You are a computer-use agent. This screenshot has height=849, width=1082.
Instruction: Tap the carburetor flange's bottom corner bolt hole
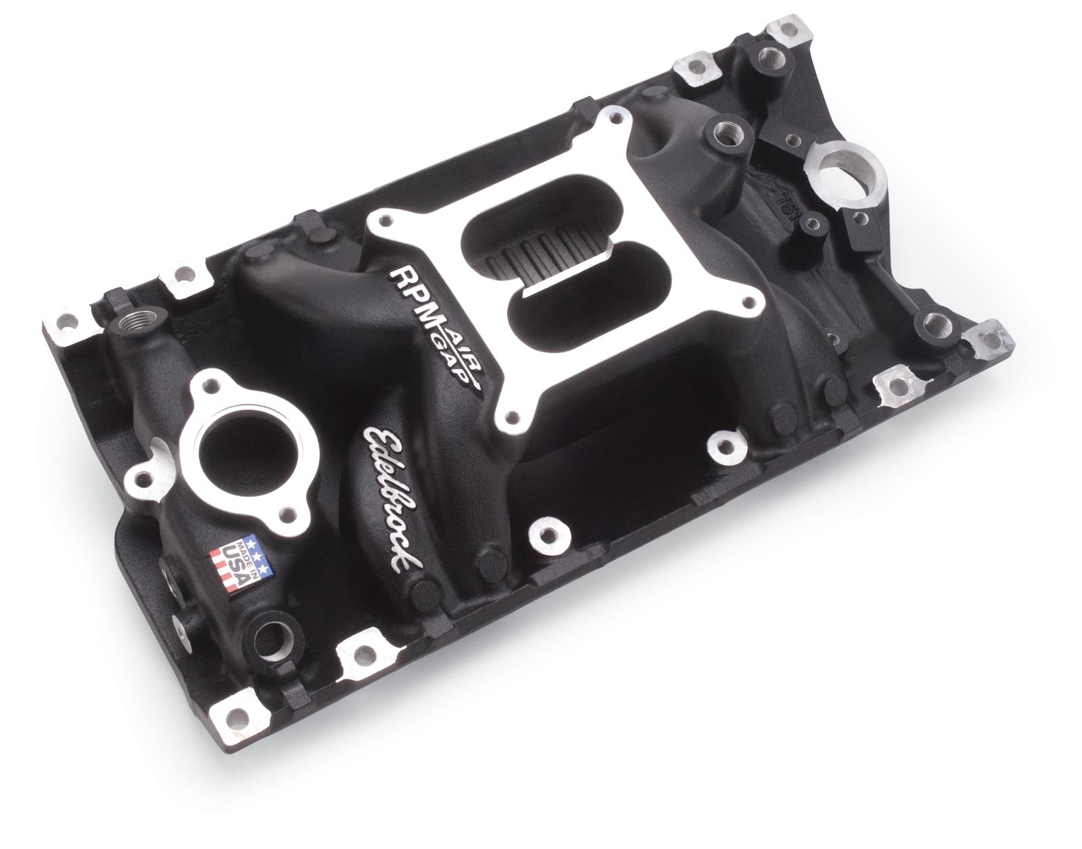point(519,416)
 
